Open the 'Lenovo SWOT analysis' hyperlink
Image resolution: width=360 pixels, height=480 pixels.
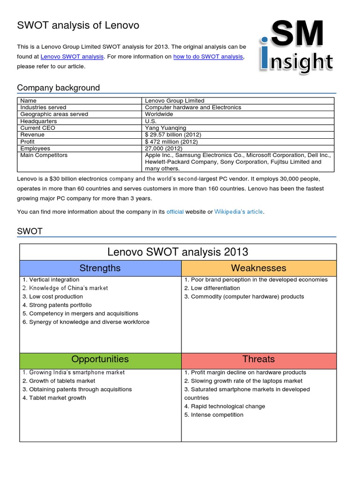click(72, 57)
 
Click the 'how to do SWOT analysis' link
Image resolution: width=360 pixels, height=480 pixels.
click(208, 57)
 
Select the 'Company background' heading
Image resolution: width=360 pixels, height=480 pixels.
click(58, 88)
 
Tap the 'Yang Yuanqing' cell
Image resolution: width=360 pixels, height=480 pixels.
click(165, 128)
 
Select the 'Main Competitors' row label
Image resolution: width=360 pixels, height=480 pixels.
click(44, 155)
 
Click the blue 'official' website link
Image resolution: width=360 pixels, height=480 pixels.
click(175, 212)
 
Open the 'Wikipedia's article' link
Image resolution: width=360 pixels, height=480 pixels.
click(239, 212)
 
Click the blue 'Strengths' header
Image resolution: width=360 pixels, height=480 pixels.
click(100, 268)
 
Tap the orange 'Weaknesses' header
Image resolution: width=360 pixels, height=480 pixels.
click(258, 268)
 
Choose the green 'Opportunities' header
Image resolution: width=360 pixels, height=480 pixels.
click(100, 359)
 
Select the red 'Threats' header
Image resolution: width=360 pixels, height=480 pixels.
click(258, 359)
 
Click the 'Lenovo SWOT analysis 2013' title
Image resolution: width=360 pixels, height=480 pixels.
click(178, 252)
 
